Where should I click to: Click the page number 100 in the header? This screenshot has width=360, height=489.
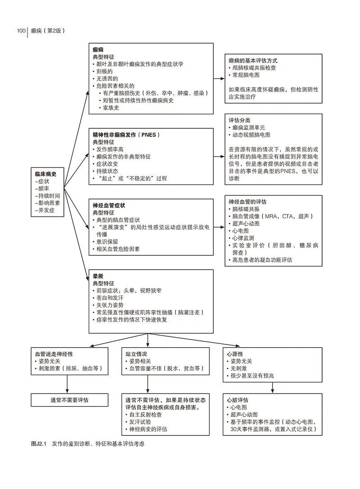21,31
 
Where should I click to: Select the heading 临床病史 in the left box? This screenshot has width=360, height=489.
45,174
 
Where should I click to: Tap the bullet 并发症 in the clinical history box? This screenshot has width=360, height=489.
45,211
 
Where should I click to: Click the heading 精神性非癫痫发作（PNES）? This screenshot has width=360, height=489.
126,135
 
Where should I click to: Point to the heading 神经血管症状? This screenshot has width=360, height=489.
109,205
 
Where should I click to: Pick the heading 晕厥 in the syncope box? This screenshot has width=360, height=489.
98,276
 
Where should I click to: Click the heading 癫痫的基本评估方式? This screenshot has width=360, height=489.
253,60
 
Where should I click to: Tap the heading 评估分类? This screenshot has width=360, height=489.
239,120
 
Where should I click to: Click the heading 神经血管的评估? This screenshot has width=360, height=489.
247,202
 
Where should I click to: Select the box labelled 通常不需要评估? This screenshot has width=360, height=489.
69,400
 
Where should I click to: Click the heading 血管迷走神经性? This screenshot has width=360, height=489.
54,354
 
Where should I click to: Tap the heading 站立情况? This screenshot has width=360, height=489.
136,354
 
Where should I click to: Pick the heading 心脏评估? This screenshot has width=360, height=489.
238,400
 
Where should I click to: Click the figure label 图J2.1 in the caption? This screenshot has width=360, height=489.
39,444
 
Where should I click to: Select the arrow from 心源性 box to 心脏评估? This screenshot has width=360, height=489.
272,388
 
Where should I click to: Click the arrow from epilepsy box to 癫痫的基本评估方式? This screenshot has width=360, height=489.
219,79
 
